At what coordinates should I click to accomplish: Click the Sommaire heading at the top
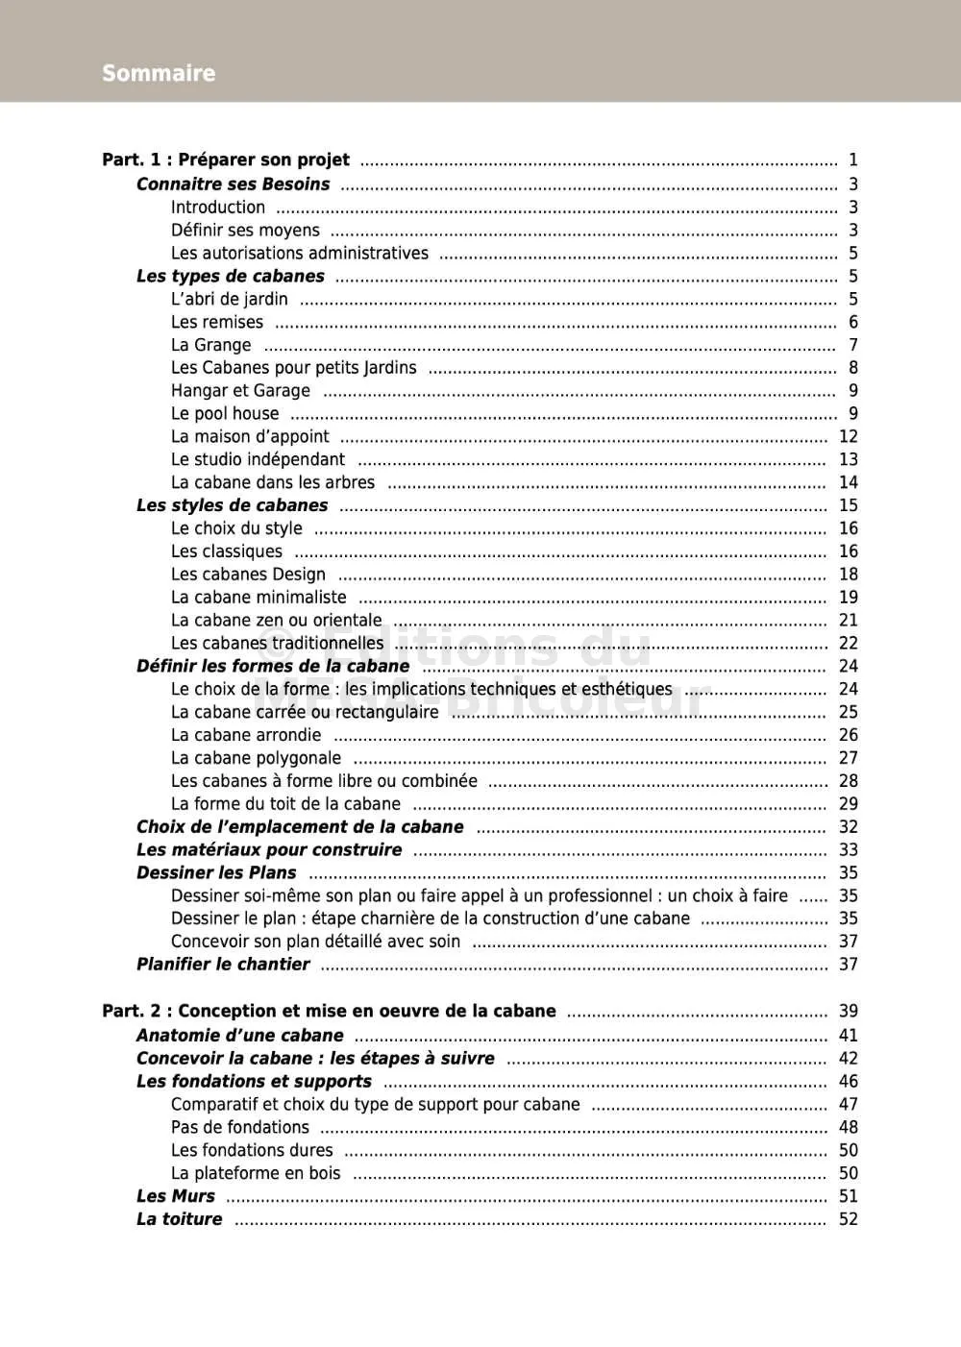click(x=159, y=73)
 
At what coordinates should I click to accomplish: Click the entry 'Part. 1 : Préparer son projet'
click(x=226, y=160)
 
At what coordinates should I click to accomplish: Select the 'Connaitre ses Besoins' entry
click(x=233, y=184)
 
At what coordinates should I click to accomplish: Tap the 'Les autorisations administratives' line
click(x=300, y=254)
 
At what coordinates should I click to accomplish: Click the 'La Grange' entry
click(x=210, y=345)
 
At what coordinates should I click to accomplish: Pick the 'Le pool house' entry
click(x=225, y=414)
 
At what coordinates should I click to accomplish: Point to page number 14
click(x=848, y=482)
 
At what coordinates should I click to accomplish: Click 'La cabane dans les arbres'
click(x=273, y=482)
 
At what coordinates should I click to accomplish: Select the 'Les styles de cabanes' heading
click(x=232, y=505)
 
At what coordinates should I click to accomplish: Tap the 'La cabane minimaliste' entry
click(x=259, y=598)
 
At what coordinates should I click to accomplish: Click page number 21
click(x=848, y=621)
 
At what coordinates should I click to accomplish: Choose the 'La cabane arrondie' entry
click(x=246, y=735)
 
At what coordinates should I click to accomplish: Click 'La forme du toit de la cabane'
click(x=285, y=804)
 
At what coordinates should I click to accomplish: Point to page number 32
click(x=848, y=827)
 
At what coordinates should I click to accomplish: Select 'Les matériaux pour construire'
click(x=269, y=850)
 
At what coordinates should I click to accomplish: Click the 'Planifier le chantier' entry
click(x=223, y=965)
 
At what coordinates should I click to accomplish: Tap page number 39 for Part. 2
click(x=848, y=1011)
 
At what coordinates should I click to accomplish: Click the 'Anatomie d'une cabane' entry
click(x=239, y=1036)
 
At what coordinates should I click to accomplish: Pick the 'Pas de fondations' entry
click(x=240, y=1128)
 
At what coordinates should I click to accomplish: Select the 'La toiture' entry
click(x=179, y=1219)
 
